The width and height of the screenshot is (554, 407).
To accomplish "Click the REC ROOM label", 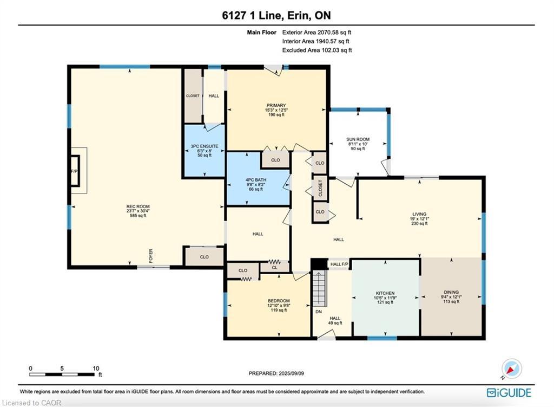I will pyautogui.click(x=137, y=206).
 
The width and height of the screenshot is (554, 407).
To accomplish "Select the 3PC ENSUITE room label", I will pyautogui.click(x=205, y=146).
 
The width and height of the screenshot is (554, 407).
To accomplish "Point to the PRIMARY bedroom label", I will pyautogui.click(x=275, y=106).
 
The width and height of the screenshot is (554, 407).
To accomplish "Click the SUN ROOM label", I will pyautogui.click(x=358, y=140).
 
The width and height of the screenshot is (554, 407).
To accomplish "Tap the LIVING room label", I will pyautogui.click(x=419, y=215).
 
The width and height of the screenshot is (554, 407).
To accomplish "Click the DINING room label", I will pyautogui.click(x=451, y=293).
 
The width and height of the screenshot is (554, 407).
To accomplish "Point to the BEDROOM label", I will pyautogui.click(x=279, y=301).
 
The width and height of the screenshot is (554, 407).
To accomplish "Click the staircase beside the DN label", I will pyautogui.click(x=321, y=288).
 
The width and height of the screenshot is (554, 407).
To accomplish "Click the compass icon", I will pyautogui.click(x=511, y=369).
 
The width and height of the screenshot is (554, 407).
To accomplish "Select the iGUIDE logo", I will pyautogui.click(x=509, y=392).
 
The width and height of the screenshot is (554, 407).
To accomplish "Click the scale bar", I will pyautogui.click(x=64, y=374).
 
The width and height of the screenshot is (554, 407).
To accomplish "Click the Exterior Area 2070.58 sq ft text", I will pyautogui.click(x=316, y=33).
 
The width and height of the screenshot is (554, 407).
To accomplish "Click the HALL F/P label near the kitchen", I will pyautogui.click(x=339, y=264).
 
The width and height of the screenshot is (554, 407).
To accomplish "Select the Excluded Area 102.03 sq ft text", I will pyautogui.click(x=317, y=50).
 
